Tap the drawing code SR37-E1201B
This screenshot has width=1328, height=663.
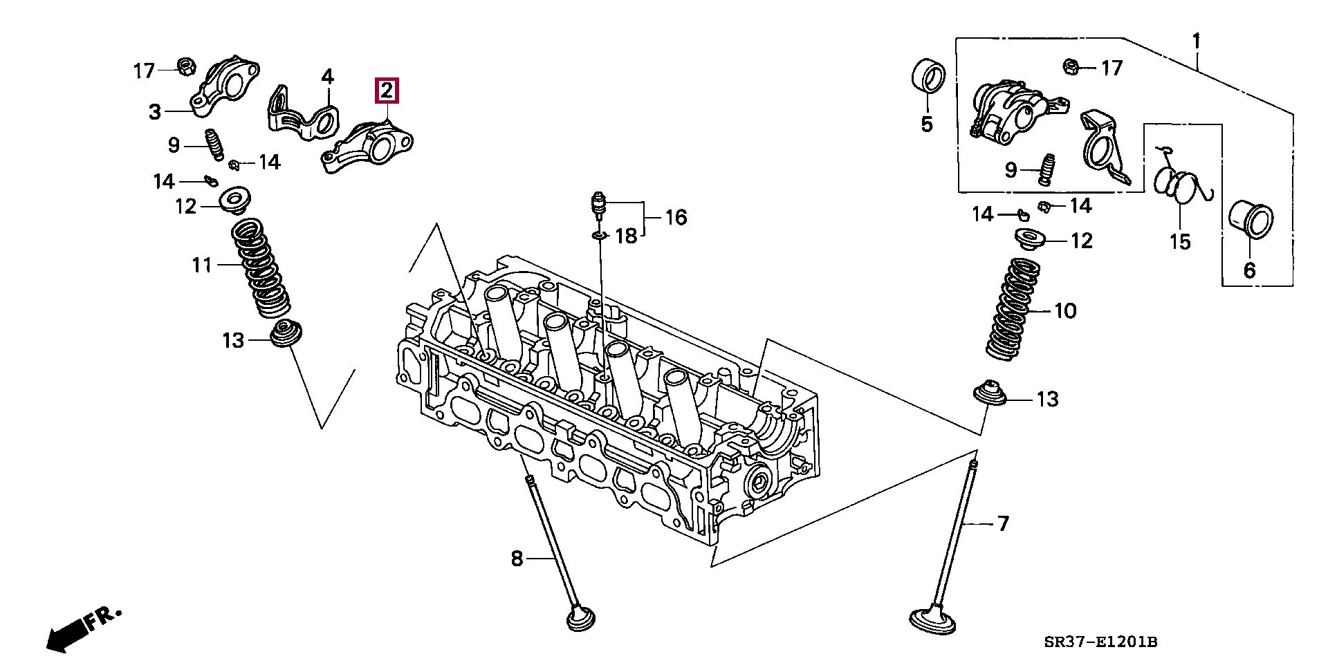tap(1100, 643)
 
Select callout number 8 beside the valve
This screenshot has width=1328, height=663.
tap(517, 558)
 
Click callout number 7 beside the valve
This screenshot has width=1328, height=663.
tap(1002, 523)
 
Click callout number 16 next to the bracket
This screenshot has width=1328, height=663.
tap(675, 218)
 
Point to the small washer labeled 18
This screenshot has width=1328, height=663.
tap(598, 236)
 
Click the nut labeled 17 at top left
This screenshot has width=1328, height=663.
tap(185, 66)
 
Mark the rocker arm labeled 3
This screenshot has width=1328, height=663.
tap(225, 86)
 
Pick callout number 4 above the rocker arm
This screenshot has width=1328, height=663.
tap(327, 77)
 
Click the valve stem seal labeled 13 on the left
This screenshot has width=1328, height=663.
tap(282, 335)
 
